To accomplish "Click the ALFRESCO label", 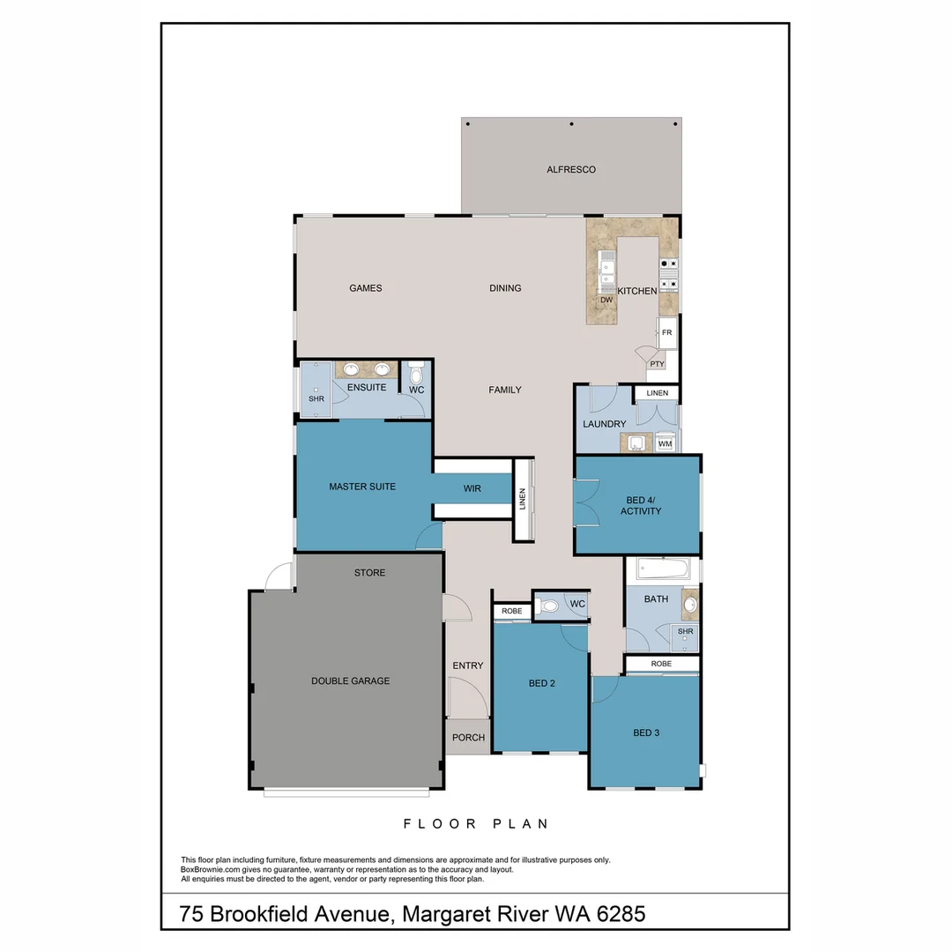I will pos(571,169).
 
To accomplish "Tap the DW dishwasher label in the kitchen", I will pos(606,301).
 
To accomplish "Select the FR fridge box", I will pos(667,332).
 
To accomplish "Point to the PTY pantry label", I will pos(656,363).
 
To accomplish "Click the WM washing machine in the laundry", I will pos(665,444).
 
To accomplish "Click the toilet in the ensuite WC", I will pos(416,375).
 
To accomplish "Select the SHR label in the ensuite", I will pos(316,398).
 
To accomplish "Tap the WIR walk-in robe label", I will pos(472,488).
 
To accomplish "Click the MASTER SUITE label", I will pos(362,487).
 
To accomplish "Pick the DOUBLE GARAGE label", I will pos(350,681).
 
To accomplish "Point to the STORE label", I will pos(369,573).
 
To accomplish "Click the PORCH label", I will pos(468,738).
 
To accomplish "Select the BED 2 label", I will pos(542,683).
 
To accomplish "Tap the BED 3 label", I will pos(646,733).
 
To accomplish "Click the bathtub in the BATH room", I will pos(662,569).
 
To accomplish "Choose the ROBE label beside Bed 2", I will pos(511,611).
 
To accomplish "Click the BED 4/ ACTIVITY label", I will pos(641,505).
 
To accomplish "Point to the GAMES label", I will pos(365,288).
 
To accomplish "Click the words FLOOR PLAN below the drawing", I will pos(476,824).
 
